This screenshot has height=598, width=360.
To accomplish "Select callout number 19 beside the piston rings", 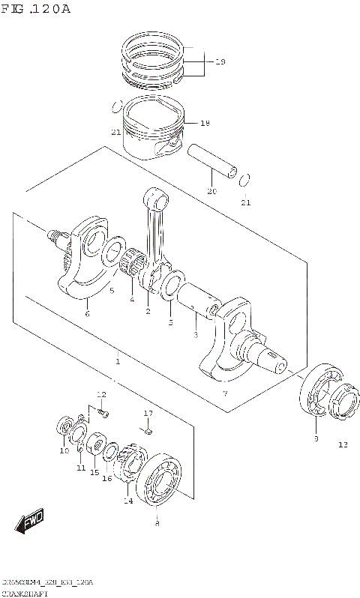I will [220, 63].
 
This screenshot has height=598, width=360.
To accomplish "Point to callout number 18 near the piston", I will [205, 123].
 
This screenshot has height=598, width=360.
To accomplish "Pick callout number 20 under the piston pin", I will [212, 192].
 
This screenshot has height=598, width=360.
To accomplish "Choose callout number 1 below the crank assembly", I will [118, 361].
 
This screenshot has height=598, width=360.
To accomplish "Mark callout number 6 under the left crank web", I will [87, 313].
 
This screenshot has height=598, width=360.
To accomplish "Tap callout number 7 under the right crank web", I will [225, 393].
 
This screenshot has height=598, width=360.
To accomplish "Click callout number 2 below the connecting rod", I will [148, 311].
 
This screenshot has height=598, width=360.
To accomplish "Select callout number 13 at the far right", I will [342, 445].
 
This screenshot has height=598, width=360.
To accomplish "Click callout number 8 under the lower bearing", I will [156, 525].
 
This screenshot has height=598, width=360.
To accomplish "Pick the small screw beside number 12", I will [104, 413].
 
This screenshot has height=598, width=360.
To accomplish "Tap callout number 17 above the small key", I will [148, 414].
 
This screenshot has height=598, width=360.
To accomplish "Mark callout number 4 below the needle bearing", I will [131, 300].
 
